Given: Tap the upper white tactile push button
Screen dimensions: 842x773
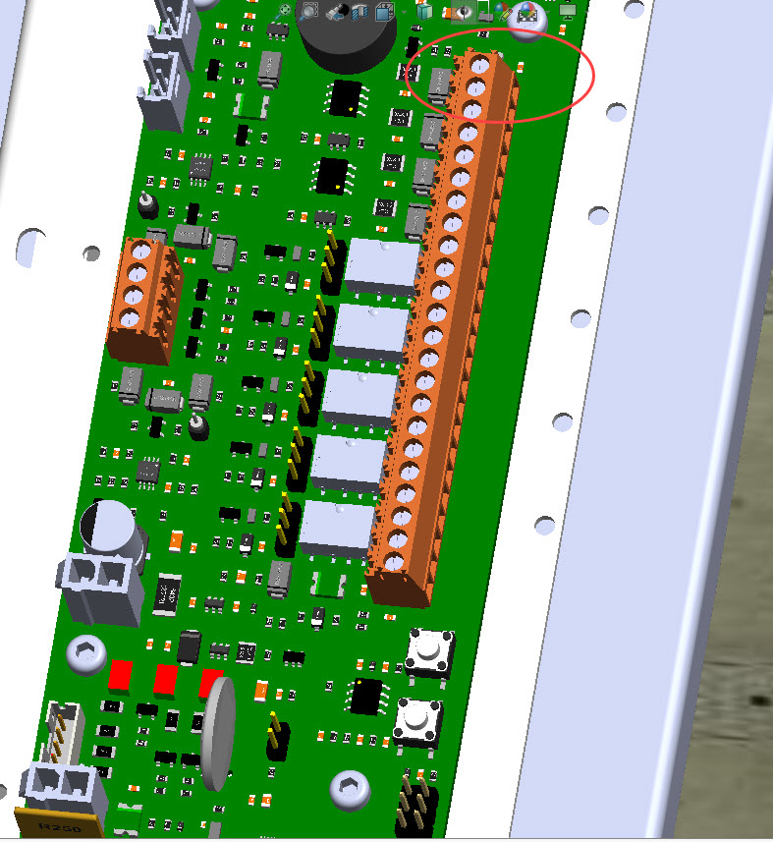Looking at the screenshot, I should tap(427, 651).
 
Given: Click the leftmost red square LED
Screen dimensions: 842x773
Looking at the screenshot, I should tap(121, 674).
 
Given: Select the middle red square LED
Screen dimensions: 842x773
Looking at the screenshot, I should tap(166, 679).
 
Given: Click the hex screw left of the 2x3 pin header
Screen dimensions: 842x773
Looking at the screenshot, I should tap(349, 787).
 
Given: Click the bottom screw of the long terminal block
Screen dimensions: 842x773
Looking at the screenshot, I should tap(395, 562).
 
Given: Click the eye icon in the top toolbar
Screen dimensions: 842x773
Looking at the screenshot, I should tap(462, 11).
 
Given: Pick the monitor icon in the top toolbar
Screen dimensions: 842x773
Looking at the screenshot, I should tap(567, 11).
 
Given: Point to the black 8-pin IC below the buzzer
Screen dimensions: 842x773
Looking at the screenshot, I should tap(346, 98).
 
